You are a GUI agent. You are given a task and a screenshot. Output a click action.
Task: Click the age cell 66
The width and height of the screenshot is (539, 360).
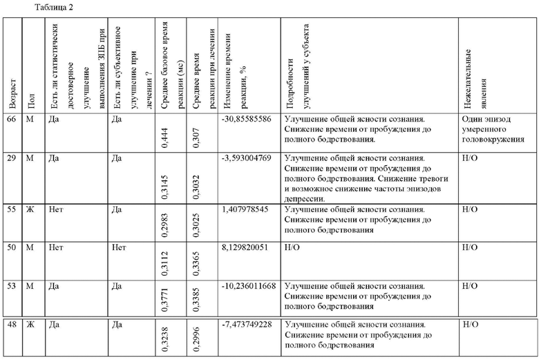[11, 119]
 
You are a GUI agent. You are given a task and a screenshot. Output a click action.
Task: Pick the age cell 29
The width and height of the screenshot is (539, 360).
[11, 158]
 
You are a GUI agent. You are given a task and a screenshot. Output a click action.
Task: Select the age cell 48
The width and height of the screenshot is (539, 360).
[11, 324]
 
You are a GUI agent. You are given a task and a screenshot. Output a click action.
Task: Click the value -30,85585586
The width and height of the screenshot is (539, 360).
[247, 119]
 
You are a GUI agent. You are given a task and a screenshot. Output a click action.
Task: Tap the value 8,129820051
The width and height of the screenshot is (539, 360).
[247, 247]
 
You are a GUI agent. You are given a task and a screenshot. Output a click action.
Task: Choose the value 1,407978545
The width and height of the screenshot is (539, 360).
[247, 208]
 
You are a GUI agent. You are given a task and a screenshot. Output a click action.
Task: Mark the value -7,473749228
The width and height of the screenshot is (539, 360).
[247, 324]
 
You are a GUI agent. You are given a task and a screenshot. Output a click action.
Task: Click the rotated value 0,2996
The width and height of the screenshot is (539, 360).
[197, 342]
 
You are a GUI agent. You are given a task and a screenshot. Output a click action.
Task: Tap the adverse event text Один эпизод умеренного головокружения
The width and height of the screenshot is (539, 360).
[492, 129]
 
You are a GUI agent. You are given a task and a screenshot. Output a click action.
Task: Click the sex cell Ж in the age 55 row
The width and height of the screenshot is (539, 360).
[30, 208]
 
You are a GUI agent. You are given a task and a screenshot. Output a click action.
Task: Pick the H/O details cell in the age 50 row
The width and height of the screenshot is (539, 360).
[292, 247]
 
